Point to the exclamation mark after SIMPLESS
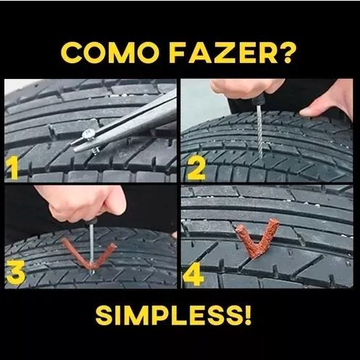click(x=247, y=316)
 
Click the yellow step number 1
click(x=12, y=167)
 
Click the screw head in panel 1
click(x=88, y=134)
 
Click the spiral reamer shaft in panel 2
click(x=260, y=129)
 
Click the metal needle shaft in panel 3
click(x=92, y=248)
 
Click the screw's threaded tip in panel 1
click(x=96, y=151)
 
